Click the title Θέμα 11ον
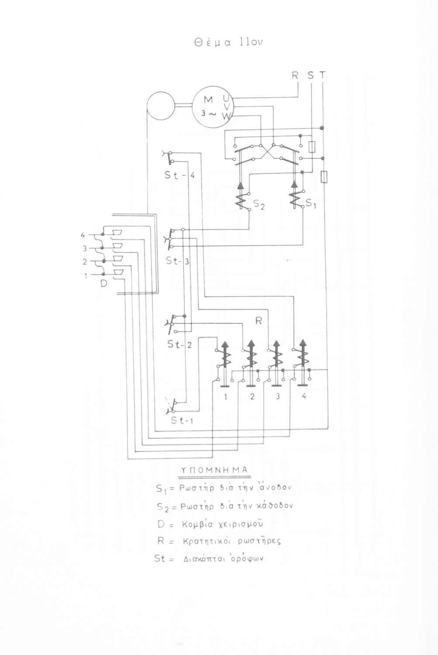click(x=228, y=42)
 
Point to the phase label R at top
click(x=295, y=76)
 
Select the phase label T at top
click(x=322, y=76)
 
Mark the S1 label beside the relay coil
click(x=310, y=203)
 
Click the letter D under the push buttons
click(x=104, y=283)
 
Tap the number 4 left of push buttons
click(x=83, y=236)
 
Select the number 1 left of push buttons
click(x=86, y=276)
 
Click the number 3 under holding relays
click(x=278, y=397)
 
